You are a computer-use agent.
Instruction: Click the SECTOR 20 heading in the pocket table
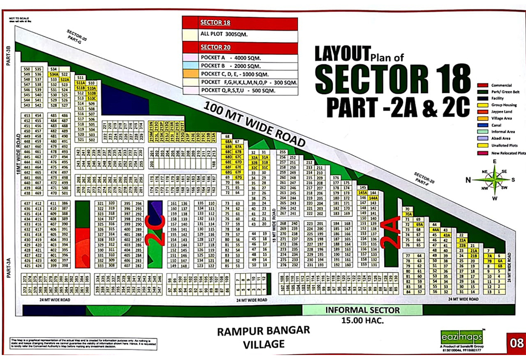click(215, 47)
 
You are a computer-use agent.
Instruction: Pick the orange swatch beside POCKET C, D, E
click(190, 73)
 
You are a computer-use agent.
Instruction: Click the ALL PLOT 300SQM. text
click(224, 34)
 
